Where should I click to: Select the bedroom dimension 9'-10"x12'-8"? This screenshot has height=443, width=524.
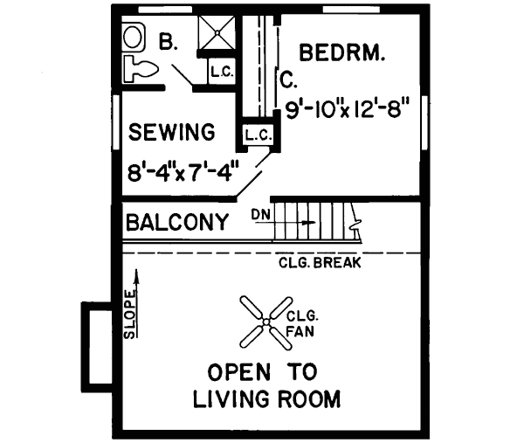(348, 110)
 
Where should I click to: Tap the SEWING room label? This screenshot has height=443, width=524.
(172, 133)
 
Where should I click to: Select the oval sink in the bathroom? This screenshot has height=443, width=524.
(133, 37)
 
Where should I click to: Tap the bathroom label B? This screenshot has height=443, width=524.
(169, 41)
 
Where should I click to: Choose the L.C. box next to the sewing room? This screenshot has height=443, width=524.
(259, 135)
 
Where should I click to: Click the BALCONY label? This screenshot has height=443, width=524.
(178, 221)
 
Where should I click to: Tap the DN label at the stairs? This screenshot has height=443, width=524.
(260, 214)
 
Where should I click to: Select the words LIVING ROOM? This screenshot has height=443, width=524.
(266, 400)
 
